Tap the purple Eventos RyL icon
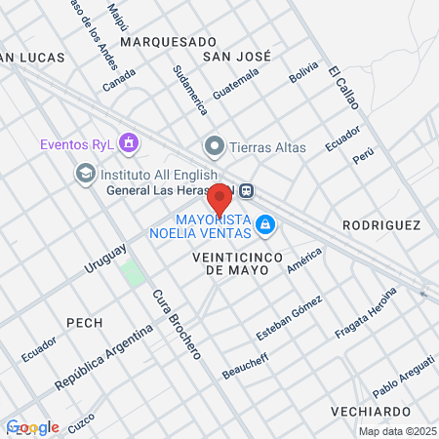pyautogui.click(x=129, y=144)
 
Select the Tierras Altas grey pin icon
pyautogui.click(x=214, y=147)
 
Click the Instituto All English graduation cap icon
pyautogui.click(x=85, y=173)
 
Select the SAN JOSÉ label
pyautogui.click(x=236, y=58)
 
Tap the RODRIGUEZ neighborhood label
pyautogui.click(x=380, y=225)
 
